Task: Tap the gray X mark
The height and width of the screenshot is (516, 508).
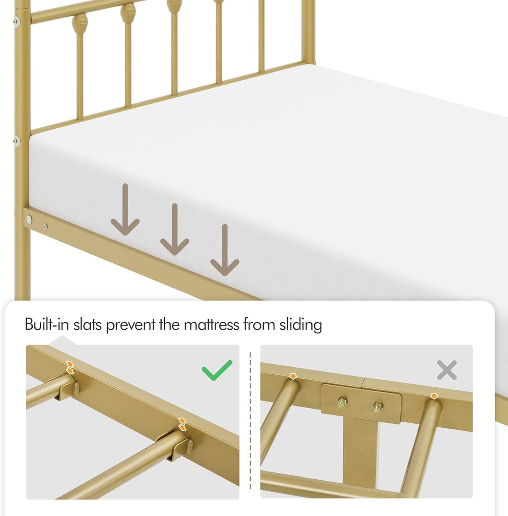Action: tap(446, 370)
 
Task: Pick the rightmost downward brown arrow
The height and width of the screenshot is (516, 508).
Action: tap(225, 250)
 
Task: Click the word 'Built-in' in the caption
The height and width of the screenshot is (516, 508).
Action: tap(47, 325)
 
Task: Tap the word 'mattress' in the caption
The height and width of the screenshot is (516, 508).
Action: tap(211, 325)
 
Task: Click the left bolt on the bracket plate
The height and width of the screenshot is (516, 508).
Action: tap(342, 402)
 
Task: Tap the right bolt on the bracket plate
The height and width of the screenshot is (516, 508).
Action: tap(378, 407)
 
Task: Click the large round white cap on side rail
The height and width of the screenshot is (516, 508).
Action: tap(29, 219)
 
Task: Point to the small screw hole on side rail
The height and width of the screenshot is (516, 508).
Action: tap(45, 227)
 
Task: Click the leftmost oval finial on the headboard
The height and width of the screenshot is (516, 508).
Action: tap(80, 24)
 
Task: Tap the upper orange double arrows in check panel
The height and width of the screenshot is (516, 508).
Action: tap(70, 367)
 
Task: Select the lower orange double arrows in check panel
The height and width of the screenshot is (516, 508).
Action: tap(182, 424)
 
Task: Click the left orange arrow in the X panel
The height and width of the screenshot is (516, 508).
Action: tap(293, 376)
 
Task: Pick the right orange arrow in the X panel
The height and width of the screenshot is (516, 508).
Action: tap(434, 396)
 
